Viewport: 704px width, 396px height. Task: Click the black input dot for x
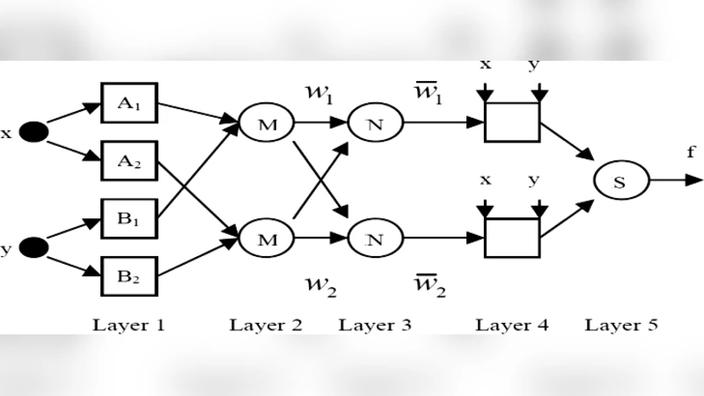[x=34, y=133]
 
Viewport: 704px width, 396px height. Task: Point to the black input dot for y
[x=34, y=249]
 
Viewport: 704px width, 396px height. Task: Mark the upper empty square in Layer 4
[x=512, y=122]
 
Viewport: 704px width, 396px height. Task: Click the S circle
[x=620, y=180]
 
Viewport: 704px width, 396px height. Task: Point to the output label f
[x=691, y=152]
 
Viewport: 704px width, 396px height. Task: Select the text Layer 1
[x=129, y=325]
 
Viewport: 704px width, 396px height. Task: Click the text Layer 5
[x=621, y=325]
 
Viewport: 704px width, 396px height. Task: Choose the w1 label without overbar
[x=319, y=92]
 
